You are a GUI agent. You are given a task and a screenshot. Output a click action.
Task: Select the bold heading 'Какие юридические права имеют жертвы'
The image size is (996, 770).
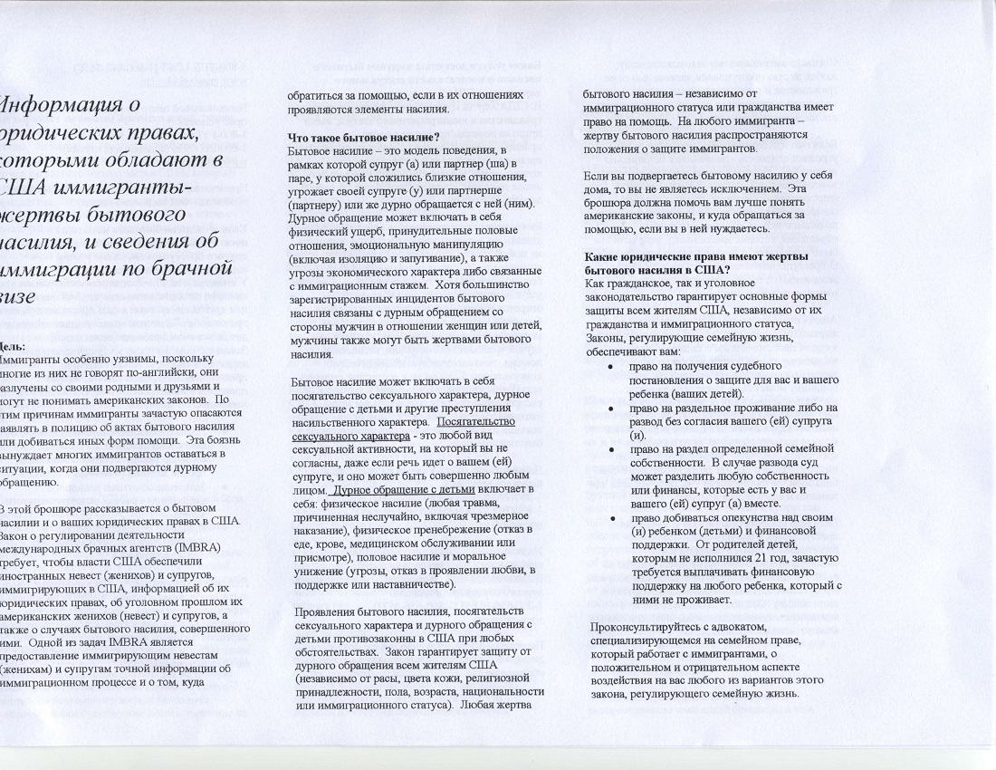click(x=689, y=258)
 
